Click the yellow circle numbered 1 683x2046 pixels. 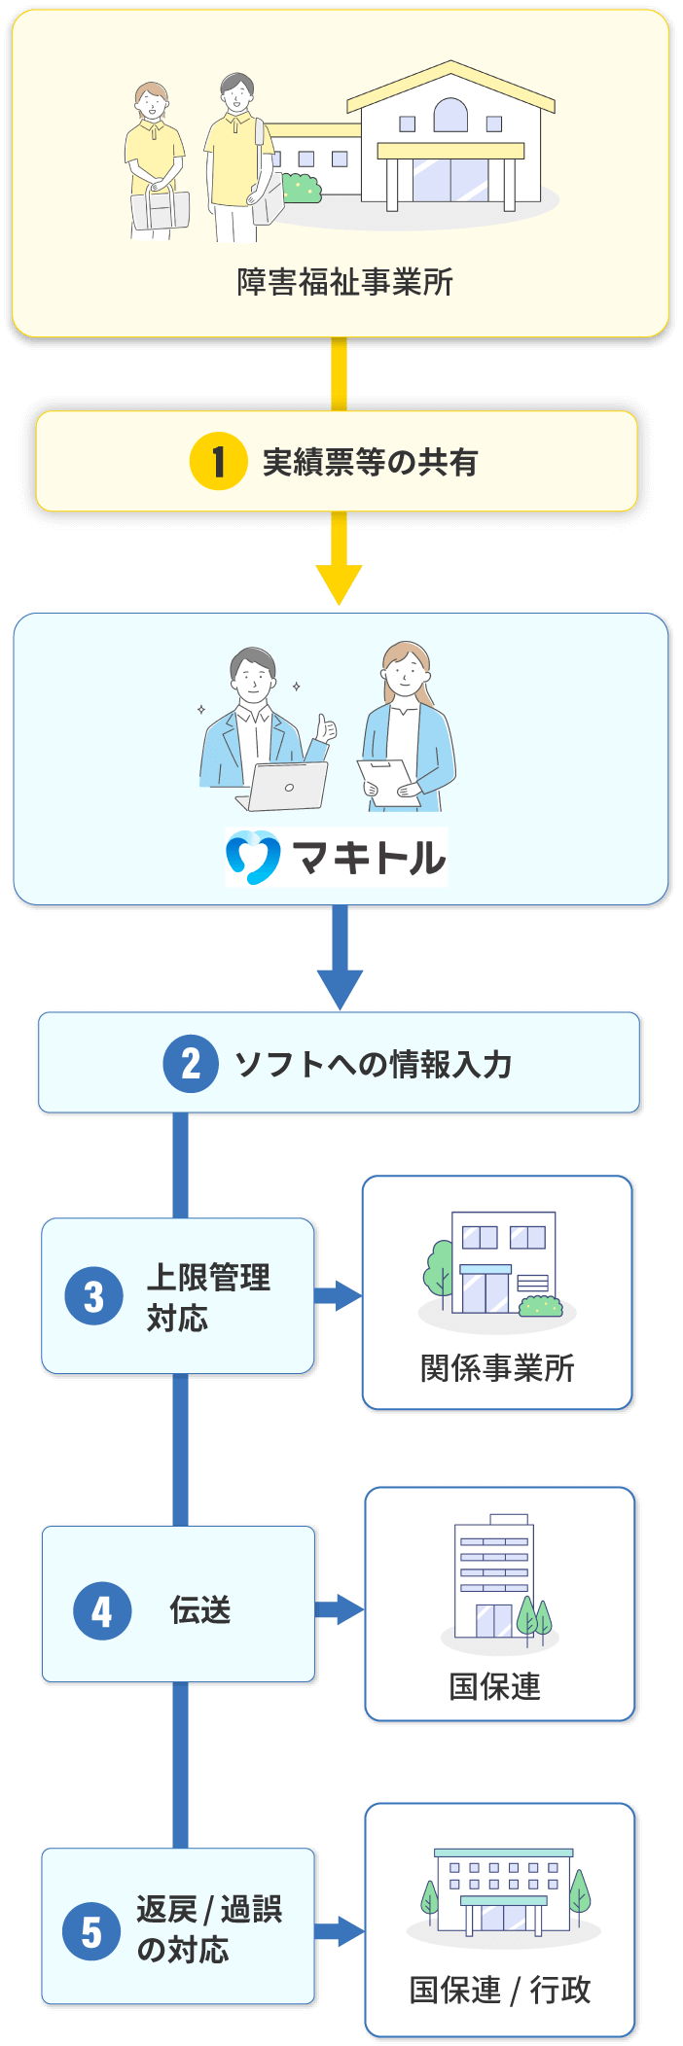[218, 461]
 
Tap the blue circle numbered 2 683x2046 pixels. [191, 1063]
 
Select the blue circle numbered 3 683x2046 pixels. [93, 1295]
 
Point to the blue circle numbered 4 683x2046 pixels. [102, 1610]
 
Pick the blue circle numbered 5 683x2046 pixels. [91, 1931]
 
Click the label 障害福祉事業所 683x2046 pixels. [344, 282]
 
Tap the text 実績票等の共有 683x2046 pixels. [370, 462]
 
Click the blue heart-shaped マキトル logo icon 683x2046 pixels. [253, 857]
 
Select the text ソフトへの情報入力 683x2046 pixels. [373, 1064]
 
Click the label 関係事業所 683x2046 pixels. [497, 1367]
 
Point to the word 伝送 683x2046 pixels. [200, 1610]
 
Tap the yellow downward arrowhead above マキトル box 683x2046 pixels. [339, 583]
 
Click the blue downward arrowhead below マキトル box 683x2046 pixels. [340, 988]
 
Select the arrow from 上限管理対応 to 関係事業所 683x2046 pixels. [339, 1295]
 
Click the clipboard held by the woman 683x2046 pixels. [387, 782]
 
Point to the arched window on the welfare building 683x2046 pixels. [450, 116]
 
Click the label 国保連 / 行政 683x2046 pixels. [499, 1990]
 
